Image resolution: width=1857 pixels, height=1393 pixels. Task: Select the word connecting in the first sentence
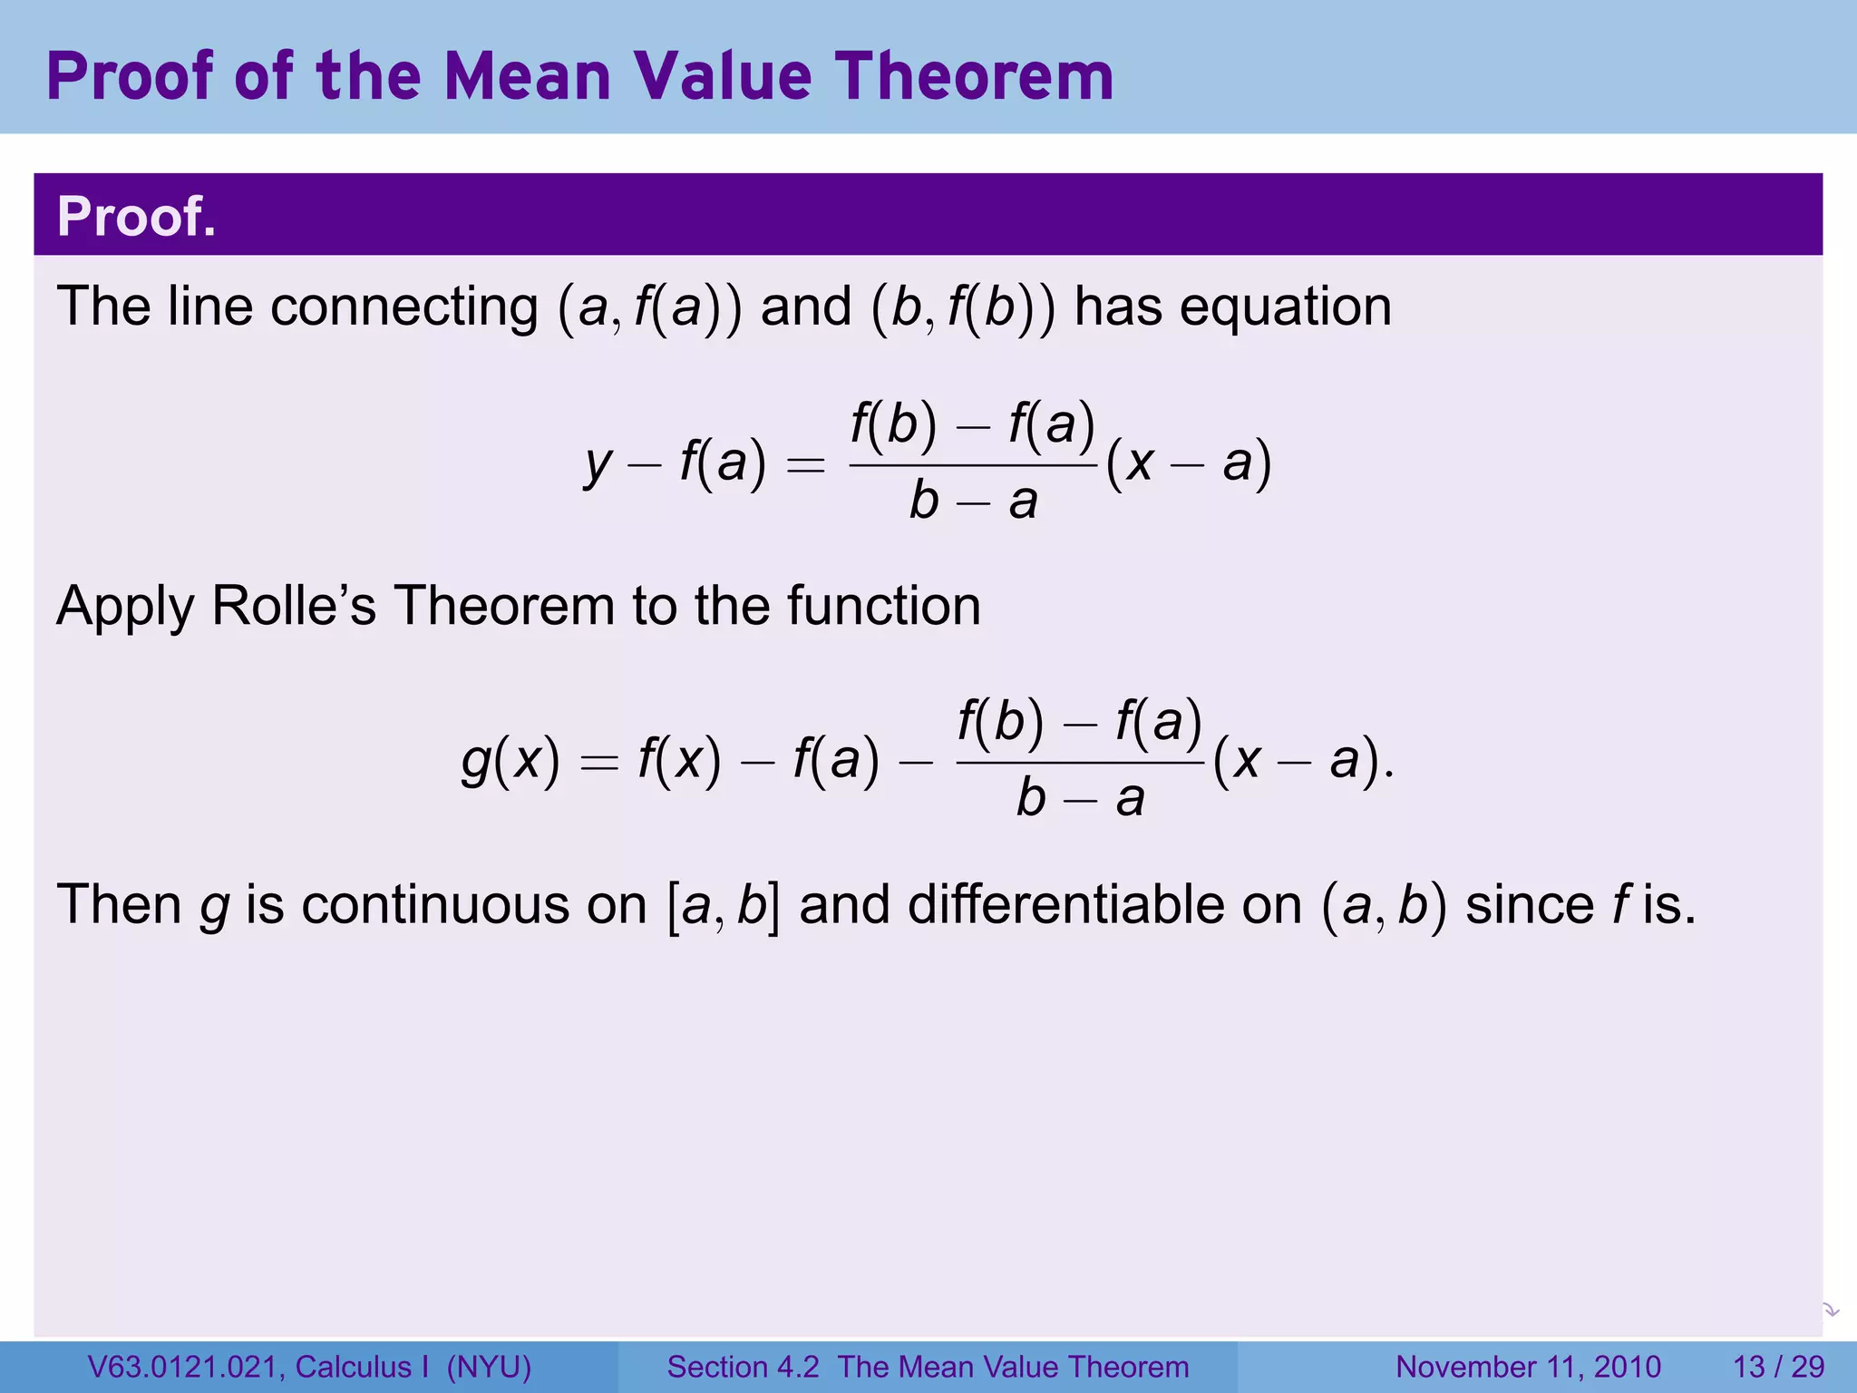click(403, 307)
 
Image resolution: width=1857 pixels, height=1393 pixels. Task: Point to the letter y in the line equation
click(598, 464)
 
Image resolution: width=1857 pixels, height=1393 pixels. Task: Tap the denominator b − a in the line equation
click(973, 502)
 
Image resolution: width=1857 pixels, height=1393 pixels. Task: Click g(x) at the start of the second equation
click(510, 760)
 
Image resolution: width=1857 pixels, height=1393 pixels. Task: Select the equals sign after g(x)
click(599, 762)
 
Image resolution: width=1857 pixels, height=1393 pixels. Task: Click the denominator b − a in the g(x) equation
click(1079, 799)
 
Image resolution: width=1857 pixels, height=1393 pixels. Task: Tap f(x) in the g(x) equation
click(679, 760)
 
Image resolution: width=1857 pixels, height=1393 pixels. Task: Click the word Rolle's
click(293, 606)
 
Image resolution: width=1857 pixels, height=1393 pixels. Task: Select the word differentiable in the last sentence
click(1065, 905)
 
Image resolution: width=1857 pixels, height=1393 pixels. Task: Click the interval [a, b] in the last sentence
click(723, 906)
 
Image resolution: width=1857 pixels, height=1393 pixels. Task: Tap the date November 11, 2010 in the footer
click(1528, 1367)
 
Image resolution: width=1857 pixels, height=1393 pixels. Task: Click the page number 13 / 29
click(1778, 1367)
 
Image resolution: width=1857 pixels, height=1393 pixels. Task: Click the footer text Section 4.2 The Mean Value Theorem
click(928, 1367)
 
